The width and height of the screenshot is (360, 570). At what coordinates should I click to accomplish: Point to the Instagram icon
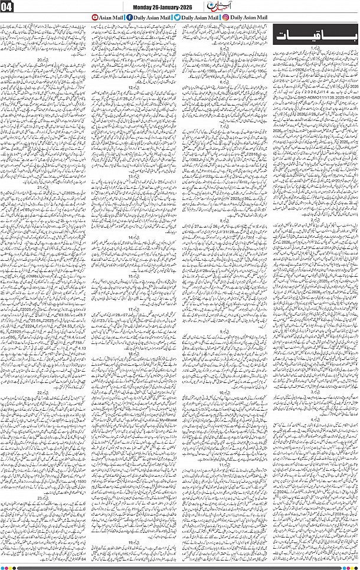pyautogui.click(x=225, y=18)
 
